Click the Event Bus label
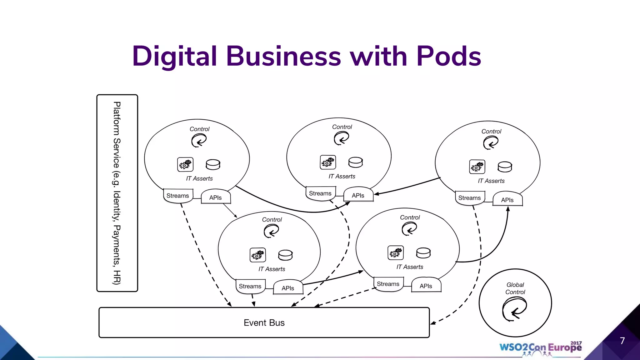264,322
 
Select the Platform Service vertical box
117,193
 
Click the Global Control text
515,288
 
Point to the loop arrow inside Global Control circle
514,309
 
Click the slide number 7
622,341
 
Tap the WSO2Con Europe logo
540,347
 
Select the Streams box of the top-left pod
178,196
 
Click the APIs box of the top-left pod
216,197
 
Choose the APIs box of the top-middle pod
358,195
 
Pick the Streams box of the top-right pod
469,198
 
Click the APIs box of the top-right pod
507,200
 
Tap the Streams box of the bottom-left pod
250,286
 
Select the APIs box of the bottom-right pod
426,286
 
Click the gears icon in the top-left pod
185,164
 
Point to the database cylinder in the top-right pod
505,167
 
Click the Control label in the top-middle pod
342,127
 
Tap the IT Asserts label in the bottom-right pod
410,267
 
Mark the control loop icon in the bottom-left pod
271,232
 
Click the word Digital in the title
174,56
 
